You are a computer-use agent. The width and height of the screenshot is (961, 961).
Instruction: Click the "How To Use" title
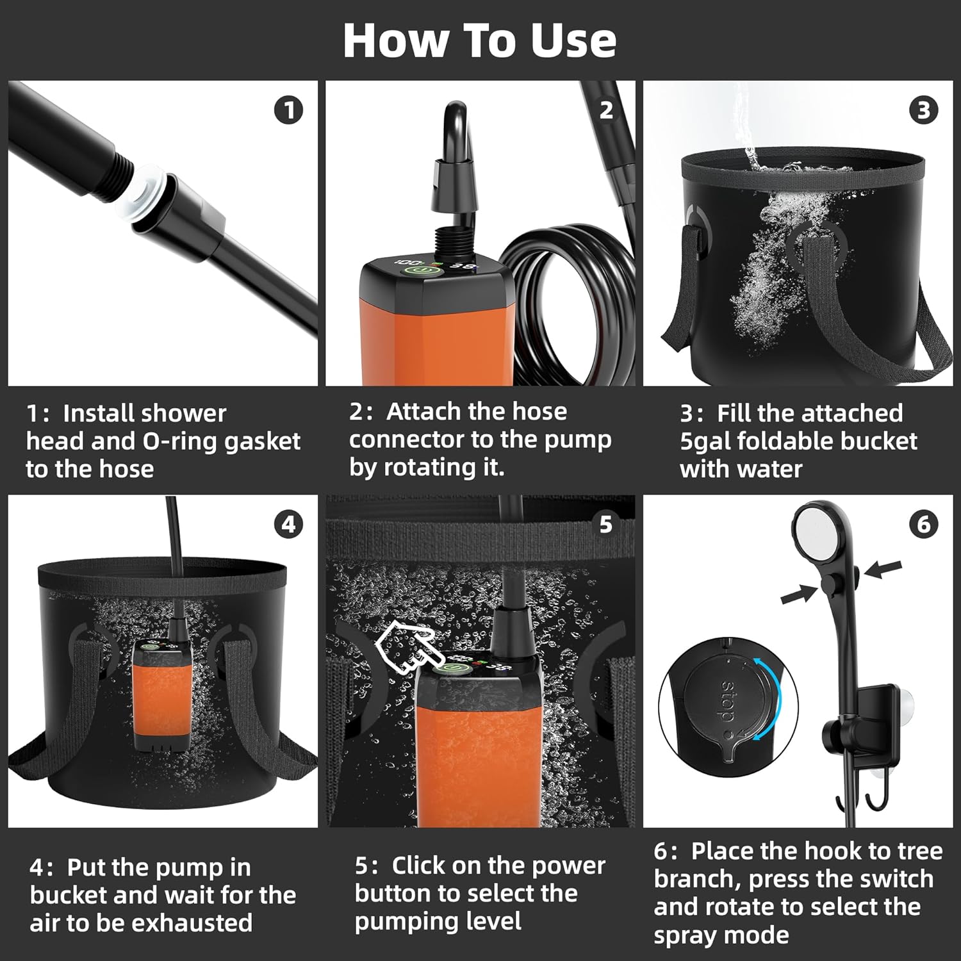click(x=480, y=40)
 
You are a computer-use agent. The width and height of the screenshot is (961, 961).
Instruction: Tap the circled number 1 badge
click(x=288, y=110)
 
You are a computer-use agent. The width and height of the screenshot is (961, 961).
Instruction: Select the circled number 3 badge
click(x=923, y=110)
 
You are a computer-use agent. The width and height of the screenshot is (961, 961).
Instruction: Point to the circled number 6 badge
click(x=923, y=525)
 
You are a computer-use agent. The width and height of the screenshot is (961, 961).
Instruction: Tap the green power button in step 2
click(x=417, y=272)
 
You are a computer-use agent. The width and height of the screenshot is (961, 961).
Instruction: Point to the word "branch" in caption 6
click(x=695, y=879)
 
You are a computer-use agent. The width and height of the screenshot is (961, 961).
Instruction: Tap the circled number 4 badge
click(x=288, y=525)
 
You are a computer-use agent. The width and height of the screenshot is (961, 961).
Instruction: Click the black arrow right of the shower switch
click(x=882, y=569)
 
